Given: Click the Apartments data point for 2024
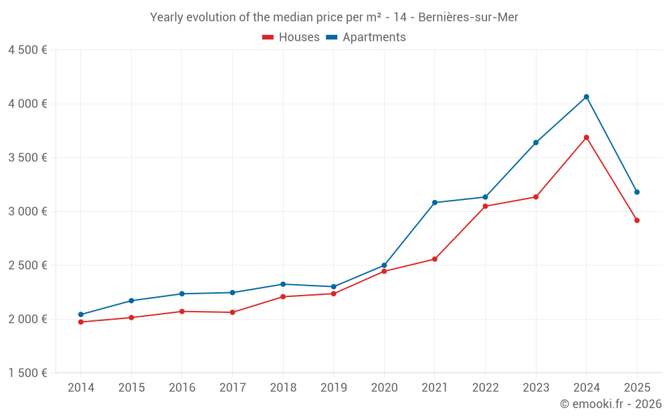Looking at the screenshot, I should click(x=586, y=97).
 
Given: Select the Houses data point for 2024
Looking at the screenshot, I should click(x=586, y=138).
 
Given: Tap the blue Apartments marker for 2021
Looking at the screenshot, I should click(x=434, y=203).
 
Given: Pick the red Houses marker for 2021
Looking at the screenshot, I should click(x=434, y=259).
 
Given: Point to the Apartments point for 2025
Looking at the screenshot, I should click(x=637, y=192).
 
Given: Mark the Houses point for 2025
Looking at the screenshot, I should click(x=637, y=220).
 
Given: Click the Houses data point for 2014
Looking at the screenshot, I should click(x=81, y=322).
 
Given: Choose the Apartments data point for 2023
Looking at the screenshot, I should click(x=536, y=142).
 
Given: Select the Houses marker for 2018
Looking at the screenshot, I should click(x=283, y=296).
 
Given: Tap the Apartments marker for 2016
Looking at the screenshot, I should click(x=182, y=294).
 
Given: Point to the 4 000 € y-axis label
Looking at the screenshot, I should click(x=27, y=104).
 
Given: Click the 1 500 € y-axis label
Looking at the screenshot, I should click(x=27, y=373).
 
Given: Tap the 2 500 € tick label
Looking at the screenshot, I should click(x=27, y=266).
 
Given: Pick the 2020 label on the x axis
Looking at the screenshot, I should click(x=384, y=388).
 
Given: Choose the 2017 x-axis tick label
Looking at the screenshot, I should click(x=232, y=388).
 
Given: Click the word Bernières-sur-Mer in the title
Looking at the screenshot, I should click(x=468, y=17).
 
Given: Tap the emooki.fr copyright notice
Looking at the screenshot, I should click(x=610, y=404).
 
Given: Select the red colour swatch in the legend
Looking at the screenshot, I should click(x=268, y=37).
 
